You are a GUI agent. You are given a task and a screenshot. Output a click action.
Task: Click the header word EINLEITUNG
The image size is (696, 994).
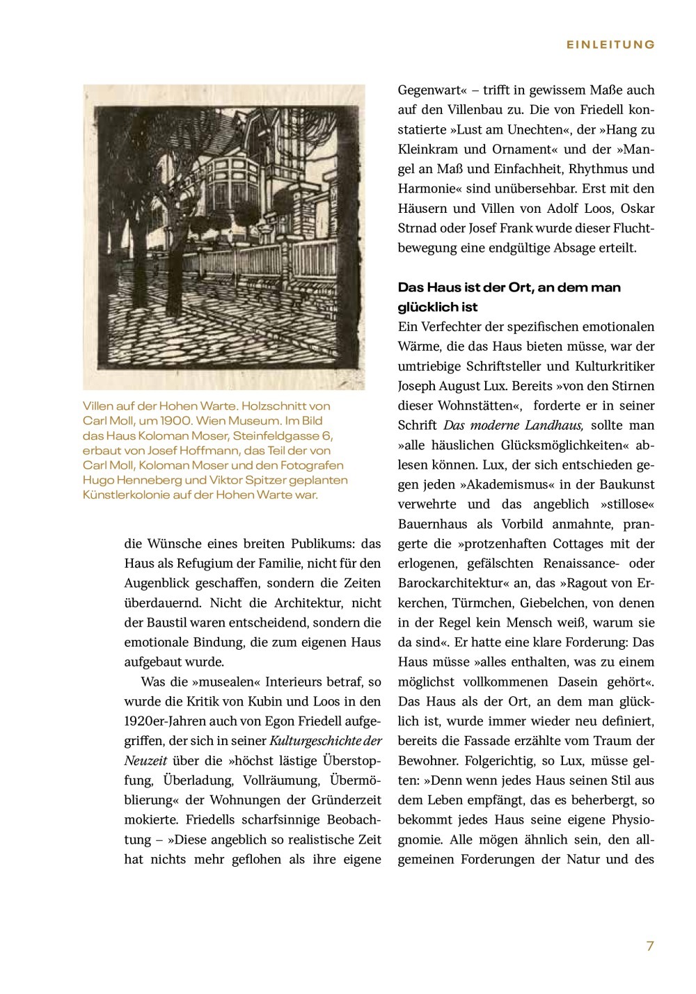coord(610,45)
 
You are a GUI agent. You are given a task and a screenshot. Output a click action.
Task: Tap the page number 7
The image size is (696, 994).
coord(650,946)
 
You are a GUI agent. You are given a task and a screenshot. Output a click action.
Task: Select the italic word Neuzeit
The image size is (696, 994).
coord(145,760)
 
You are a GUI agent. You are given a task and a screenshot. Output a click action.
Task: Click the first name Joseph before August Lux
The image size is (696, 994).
coord(419,385)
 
